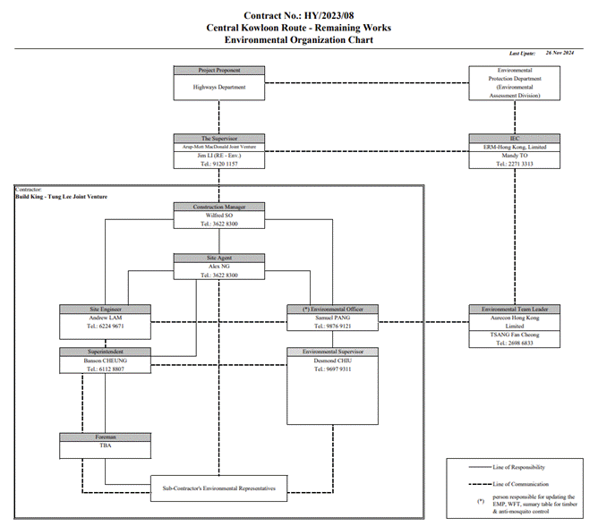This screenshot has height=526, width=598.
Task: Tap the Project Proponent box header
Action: pos(219,70)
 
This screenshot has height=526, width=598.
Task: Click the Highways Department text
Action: pos(219,88)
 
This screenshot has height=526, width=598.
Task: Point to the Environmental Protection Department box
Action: pos(514,84)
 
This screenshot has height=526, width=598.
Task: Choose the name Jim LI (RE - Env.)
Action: pos(219,156)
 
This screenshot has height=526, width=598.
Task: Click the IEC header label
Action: pos(514,139)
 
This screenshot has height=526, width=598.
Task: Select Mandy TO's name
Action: pos(514,156)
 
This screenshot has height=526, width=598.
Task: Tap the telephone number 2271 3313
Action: pos(514,165)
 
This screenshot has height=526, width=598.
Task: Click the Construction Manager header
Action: pos(219,207)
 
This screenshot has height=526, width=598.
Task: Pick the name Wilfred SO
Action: pos(219,216)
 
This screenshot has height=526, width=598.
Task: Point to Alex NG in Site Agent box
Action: pos(219,267)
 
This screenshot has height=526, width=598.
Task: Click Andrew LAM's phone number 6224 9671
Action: pos(106,327)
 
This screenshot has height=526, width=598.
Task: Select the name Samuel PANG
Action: pos(333,318)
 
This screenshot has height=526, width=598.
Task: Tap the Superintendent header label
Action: pos(106,352)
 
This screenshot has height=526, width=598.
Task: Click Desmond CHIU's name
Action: pos(333,361)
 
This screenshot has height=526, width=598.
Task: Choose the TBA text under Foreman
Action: pos(106,445)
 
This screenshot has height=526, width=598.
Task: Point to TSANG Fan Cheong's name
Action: pos(514,335)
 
